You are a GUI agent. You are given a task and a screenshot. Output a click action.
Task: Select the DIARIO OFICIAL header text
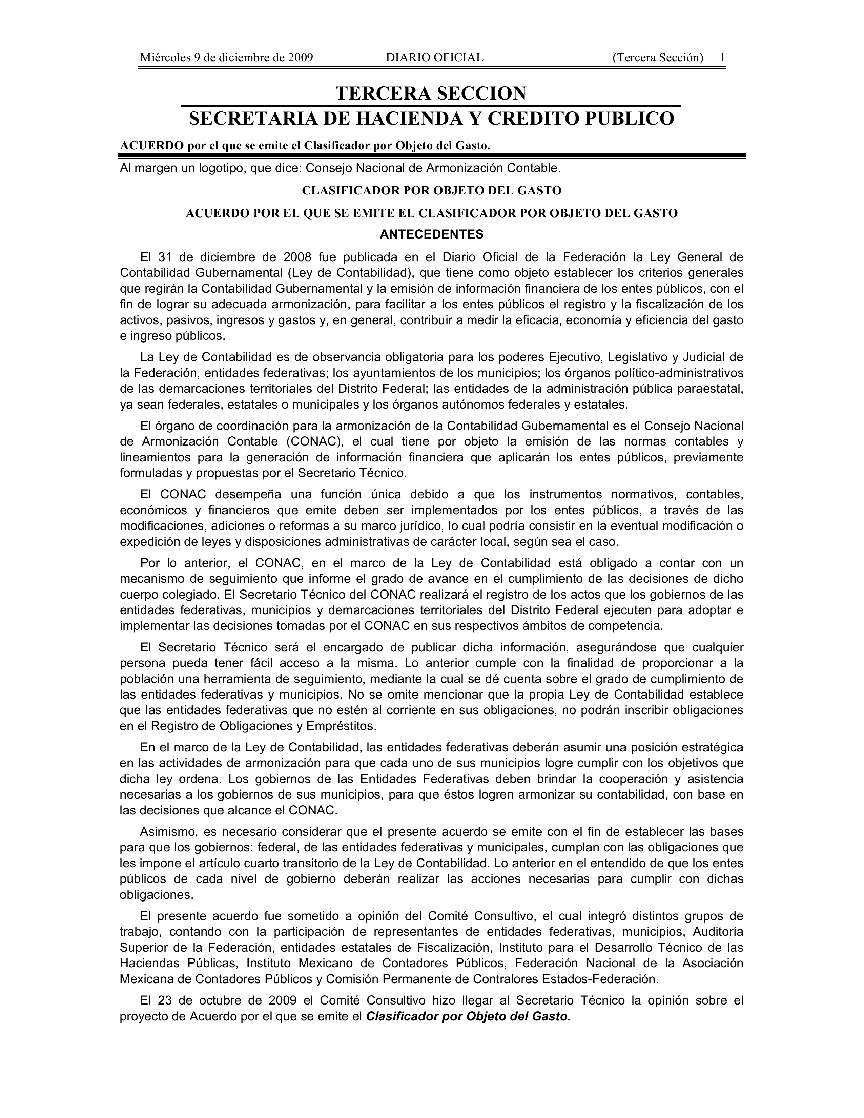coord(434,57)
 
